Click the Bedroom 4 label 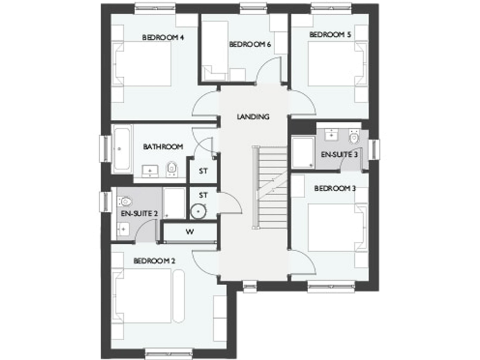click(x=162, y=37)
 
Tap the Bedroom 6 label click(x=250, y=44)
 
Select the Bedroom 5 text click(x=329, y=35)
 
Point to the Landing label click(x=253, y=117)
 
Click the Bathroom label click(x=163, y=147)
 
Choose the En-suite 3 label click(x=339, y=154)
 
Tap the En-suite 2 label click(x=139, y=214)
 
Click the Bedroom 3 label click(x=335, y=188)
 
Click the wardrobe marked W click(x=189, y=232)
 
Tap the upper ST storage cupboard click(x=203, y=171)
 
